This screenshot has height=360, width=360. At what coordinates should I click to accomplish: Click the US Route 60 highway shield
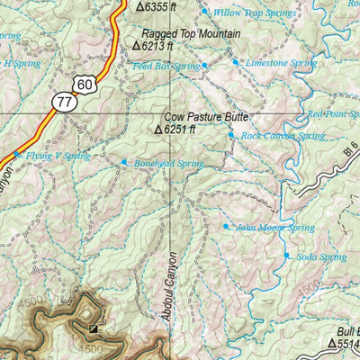(85, 85)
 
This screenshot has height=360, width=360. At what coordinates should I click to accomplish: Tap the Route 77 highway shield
(63, 102)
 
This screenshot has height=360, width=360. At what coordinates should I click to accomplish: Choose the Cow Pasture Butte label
(205, 117)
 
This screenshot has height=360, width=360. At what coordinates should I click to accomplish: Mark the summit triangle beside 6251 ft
(158, 130)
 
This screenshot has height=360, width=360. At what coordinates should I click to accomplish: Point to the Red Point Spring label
(332, 114)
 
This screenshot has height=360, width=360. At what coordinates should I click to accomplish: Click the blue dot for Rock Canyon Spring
(231, 136)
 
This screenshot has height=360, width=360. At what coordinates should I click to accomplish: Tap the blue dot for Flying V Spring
(16, 155)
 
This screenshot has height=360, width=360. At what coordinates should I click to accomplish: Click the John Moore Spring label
(274, 228)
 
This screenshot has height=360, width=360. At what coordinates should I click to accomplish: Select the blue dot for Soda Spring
(287, 256)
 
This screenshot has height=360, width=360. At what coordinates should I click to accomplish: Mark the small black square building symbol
(93, 328)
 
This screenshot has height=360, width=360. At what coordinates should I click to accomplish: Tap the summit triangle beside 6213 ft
(136, 44)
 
